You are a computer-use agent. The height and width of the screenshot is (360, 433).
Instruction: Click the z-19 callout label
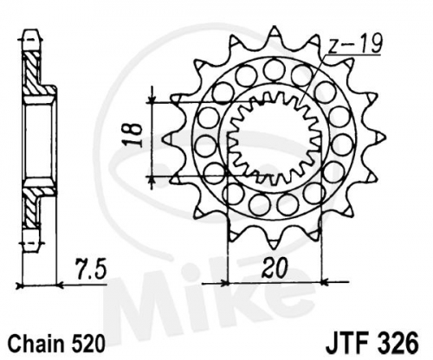355,43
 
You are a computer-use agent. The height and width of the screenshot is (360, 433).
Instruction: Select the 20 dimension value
275,267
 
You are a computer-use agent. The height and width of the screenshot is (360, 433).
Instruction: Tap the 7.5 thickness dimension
91,269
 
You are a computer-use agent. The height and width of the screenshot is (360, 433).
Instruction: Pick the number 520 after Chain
87,343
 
